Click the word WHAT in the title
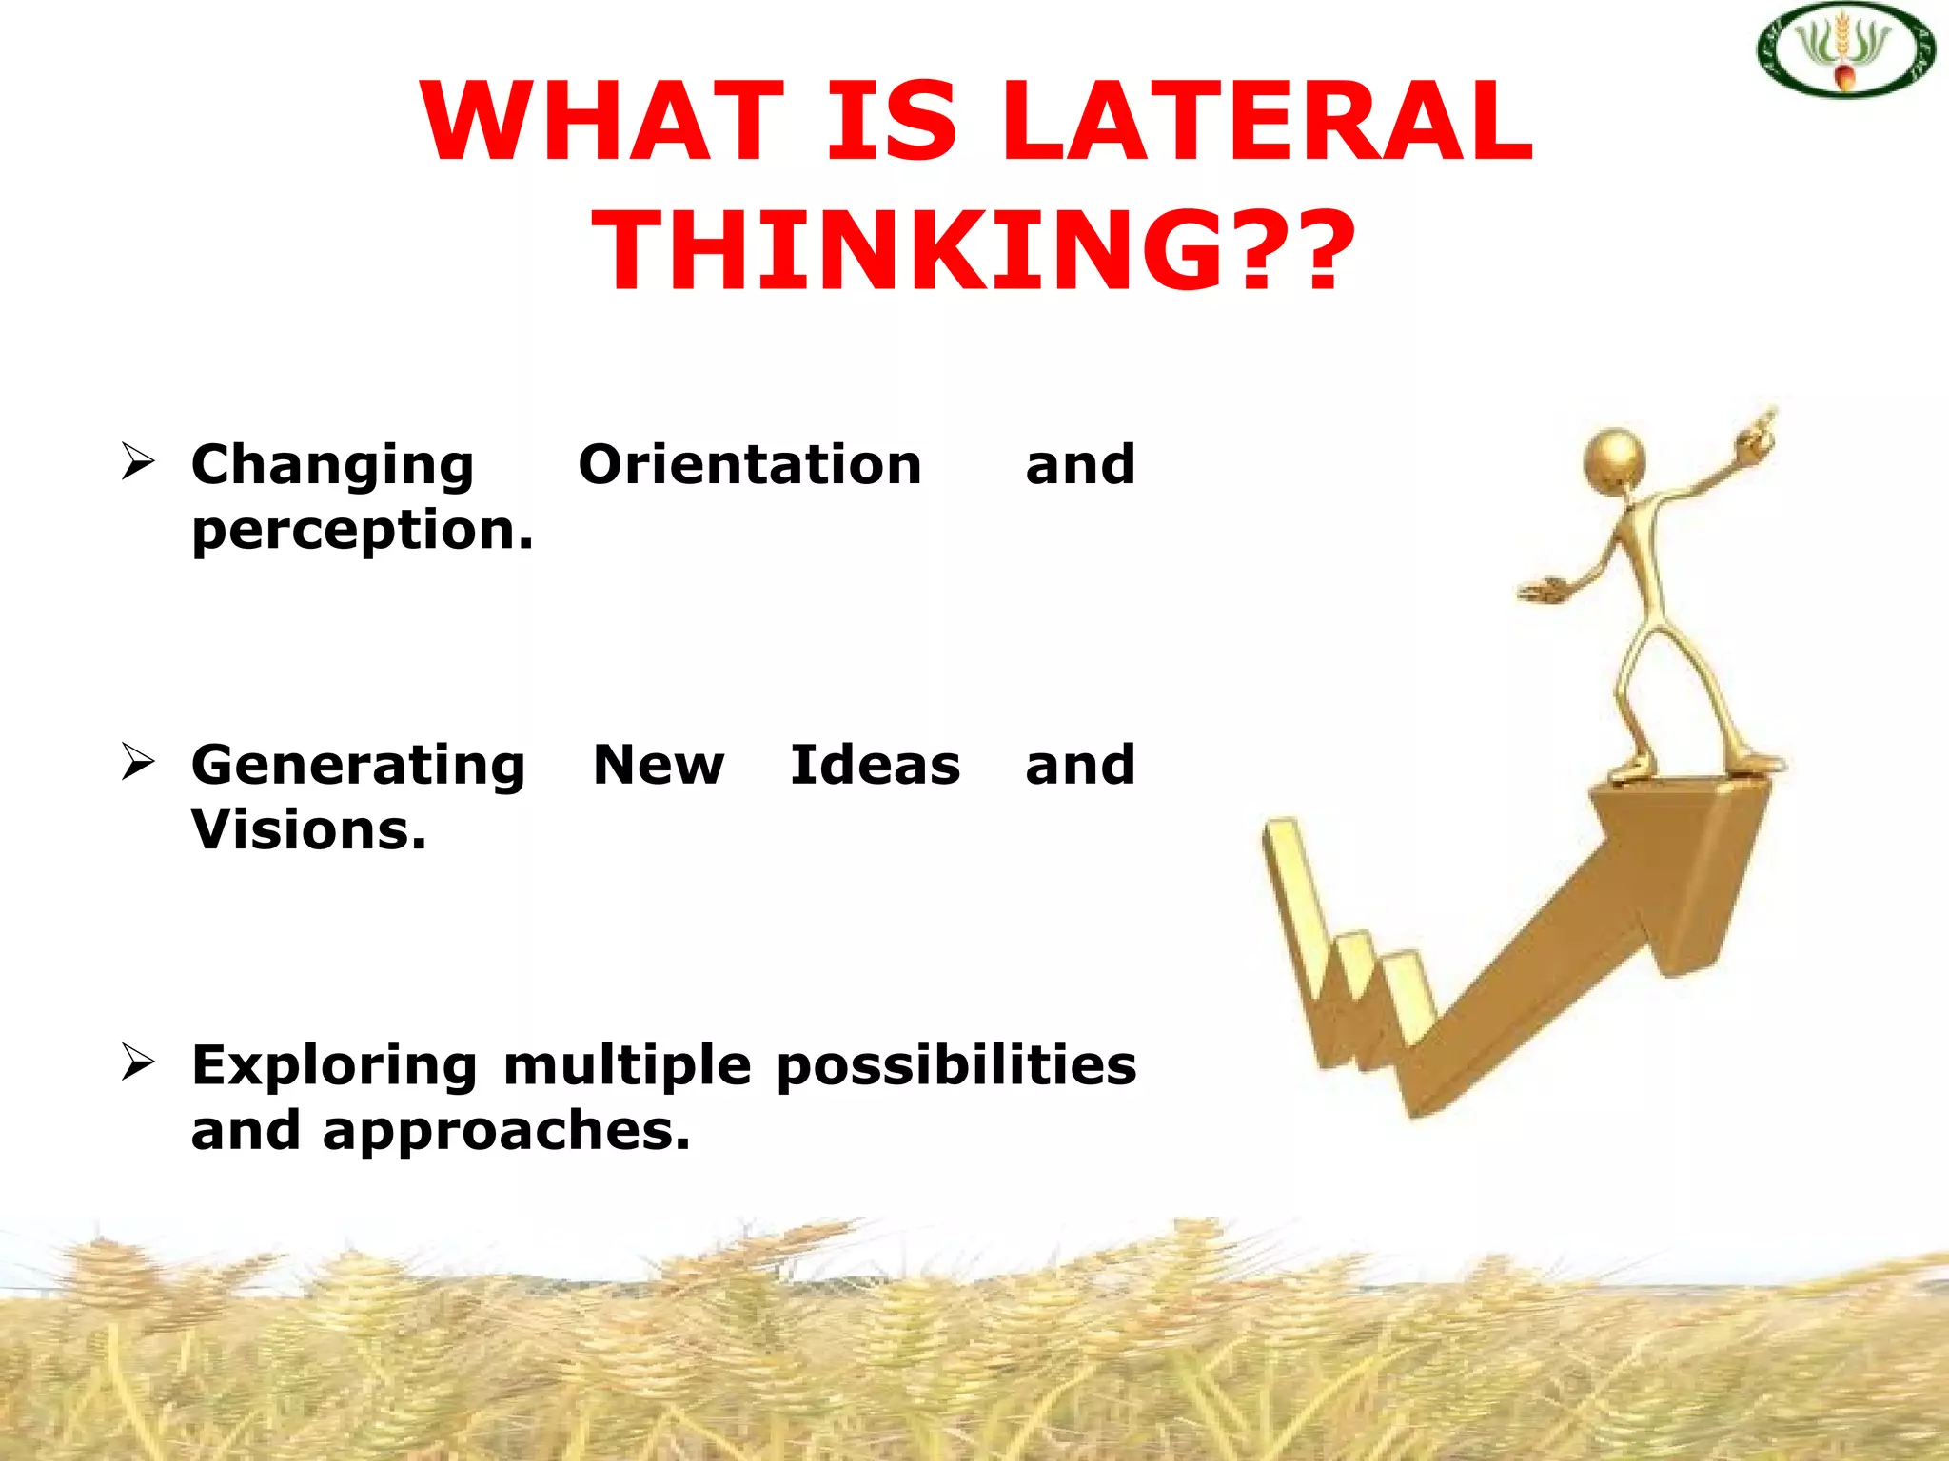[x=602, y=122]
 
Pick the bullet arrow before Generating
[x=138, y=762]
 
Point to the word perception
[x=362, y=530]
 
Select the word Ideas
[x=875, y=765]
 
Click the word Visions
[x=308, y=829]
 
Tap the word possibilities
[x=955, y=1065]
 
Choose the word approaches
[x=505, y=1130]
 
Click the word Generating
[x=358, y=765]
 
